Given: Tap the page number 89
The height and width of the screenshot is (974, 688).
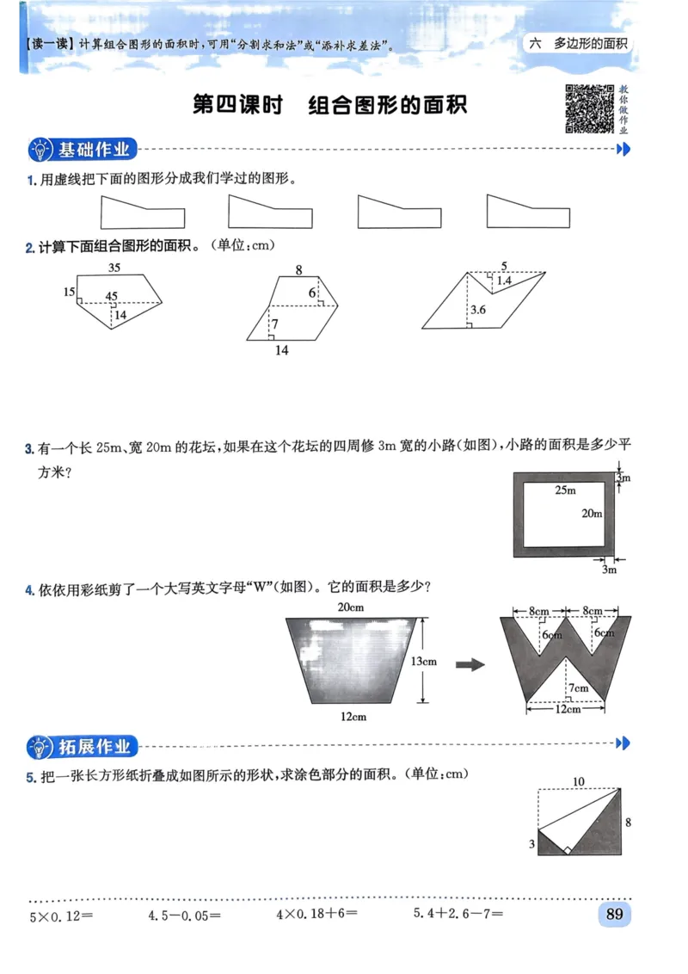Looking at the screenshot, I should [614, 914].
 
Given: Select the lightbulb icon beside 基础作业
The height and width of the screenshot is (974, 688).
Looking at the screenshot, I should [40, 150].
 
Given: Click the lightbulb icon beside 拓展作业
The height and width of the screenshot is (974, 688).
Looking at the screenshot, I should [40, 746].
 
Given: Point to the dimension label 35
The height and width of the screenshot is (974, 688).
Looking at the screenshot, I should [114, 268].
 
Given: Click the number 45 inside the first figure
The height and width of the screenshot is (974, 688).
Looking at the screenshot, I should [112, 297].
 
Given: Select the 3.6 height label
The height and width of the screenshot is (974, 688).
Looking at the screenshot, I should [480, 310].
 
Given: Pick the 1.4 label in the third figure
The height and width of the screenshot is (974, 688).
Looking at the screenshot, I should [504, 280].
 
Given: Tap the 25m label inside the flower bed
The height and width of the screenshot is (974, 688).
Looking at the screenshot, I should [565, 490].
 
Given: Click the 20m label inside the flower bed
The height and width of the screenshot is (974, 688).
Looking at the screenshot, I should [592, 514].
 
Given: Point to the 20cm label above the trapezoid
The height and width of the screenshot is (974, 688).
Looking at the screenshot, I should [352, 607].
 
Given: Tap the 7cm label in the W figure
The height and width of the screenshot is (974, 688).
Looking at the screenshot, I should [578, 687].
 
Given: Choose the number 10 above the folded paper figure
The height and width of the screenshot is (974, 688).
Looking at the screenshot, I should [579, 781].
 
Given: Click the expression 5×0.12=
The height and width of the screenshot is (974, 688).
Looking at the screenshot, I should [62, 915].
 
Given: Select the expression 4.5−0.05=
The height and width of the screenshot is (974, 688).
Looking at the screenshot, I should [185, 915].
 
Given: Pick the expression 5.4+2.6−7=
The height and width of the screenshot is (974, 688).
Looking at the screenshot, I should [458, 915].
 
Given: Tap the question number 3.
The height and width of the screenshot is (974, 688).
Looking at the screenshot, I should [29, 447].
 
